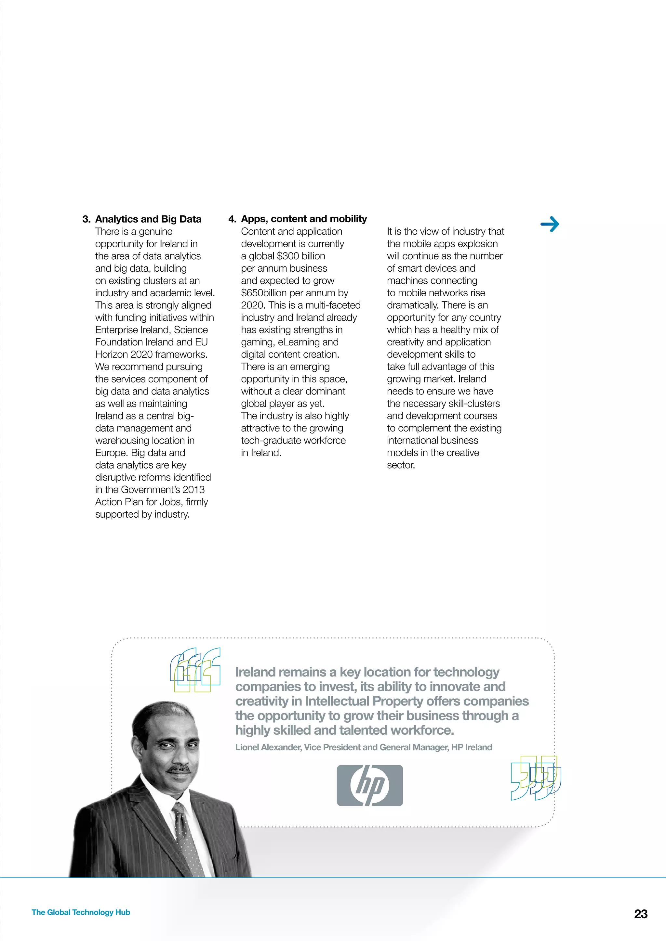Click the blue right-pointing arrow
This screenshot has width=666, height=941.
[x=550, y=224]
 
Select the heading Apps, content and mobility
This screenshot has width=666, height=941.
[x=304, y=219]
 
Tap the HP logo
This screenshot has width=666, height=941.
[x=369, y=785]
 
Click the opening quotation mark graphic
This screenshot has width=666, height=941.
[x=195, y=670]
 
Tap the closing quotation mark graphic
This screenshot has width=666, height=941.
[x=536, y=778]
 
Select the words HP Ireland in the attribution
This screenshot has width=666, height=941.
[x=472, y=747]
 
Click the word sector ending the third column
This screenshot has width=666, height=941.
[x=400, y=465]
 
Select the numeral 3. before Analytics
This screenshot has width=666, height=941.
[x=86, y=219]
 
